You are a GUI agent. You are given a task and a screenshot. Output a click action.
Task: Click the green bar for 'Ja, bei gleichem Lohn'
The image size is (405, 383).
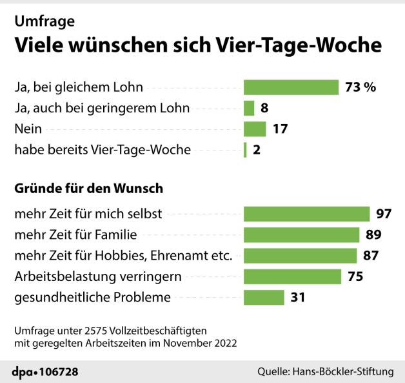[291, 87]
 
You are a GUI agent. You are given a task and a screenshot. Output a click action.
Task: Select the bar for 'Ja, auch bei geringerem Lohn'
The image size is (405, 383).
[249, 108]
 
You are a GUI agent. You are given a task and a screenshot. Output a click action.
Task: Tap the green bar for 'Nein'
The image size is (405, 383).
[255, 129]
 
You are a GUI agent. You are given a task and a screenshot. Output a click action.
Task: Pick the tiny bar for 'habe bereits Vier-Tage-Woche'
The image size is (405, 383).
[245, 150]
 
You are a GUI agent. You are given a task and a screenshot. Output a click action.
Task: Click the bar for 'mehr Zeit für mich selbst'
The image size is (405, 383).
[306, 214]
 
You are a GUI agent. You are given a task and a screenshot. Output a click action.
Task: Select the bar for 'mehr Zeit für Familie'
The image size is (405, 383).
[301, 234]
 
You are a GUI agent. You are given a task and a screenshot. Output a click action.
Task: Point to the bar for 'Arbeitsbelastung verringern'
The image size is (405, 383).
[292, 276]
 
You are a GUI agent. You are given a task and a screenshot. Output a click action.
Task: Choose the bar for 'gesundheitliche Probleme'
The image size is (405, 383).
[264, 297]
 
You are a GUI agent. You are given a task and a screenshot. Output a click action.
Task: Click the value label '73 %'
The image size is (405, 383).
[361, 87]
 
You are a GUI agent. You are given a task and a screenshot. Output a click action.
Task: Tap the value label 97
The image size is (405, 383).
[384, 214]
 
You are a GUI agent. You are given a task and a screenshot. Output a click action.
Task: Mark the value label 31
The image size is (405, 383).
[298, 297]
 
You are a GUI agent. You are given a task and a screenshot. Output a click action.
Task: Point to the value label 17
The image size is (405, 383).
[279, 129]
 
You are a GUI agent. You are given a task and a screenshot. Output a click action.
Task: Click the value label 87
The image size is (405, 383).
[370, 255]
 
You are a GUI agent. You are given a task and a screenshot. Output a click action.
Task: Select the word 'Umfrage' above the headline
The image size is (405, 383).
[44, 21]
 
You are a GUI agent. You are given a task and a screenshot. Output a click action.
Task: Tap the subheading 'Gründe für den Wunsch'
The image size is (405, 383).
[88, 189]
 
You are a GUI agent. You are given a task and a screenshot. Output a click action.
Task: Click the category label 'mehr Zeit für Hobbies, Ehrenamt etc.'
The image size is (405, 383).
[123, 255]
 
